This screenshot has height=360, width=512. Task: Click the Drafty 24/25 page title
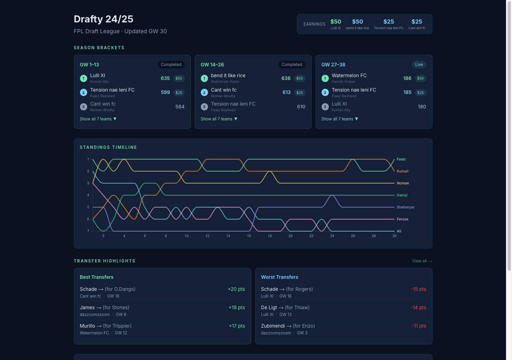pos(104,19)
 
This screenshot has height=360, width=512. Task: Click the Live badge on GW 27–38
pos(419,65)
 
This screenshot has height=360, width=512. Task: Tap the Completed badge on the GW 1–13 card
pos(171,65)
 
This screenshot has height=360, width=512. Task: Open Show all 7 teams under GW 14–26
pos(219,119)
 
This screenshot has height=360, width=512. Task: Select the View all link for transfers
pos(422,261)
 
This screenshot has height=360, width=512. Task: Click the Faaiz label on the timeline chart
pos(401,159)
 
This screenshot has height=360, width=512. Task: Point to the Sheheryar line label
pos(405,207)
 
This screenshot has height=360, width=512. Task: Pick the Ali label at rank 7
pos(399,231)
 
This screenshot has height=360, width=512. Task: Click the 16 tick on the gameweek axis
pos(249,236)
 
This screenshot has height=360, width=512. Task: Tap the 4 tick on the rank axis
pos(88,195)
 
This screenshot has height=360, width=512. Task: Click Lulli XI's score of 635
pos(165,78)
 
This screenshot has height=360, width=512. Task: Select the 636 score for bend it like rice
pos(286,78)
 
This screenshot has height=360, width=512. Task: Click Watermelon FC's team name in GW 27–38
pos(349,76)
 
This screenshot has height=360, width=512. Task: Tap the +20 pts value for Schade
pos(236,289)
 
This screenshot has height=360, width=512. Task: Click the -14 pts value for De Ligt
pos(418,308)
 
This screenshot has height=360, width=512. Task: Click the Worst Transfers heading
pos(279,277)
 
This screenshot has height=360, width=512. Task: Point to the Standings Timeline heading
pos(108,148)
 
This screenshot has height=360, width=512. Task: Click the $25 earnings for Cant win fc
pos(416,22)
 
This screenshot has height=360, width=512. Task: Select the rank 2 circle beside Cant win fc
pos(204,93)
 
